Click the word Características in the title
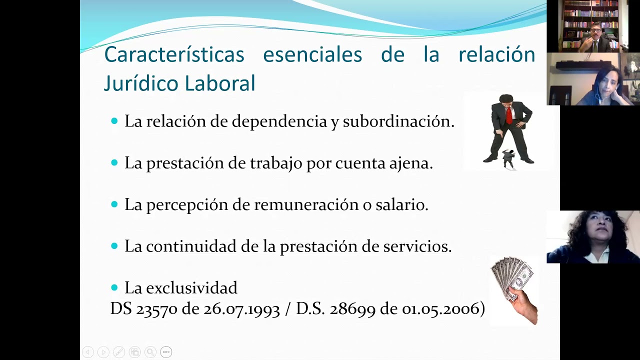click(x=174, y=54)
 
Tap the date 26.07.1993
click(x=241, y=309)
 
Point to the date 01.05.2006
click(x=440, y=309)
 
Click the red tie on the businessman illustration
click(x=509, y=114)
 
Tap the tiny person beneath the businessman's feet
click(x=508, y=159)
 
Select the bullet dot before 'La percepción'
click(x=114, y=204)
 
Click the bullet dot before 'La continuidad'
click(x=114, y=245)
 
